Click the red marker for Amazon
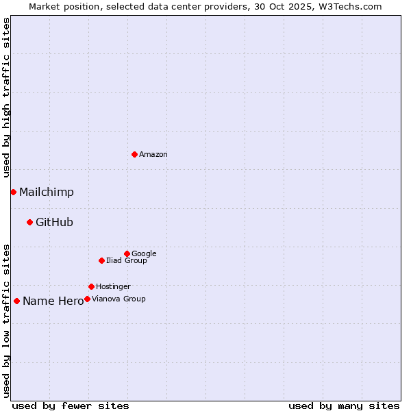point(134,154)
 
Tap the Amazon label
point(153,155)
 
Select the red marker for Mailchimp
point(13,192)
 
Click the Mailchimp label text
point(47,192)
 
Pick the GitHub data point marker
point(29,222)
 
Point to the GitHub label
point(54,222)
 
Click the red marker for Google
point(127,253)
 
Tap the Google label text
point(144,254)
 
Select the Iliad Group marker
point(101,260)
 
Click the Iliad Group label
point(127,261)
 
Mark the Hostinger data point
point(91,286)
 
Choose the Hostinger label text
point(113,287)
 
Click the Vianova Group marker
point(87,299)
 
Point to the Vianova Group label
point(119,299)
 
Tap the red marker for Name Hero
point(16,301)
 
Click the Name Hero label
point(53,301)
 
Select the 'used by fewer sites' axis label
point(71,406)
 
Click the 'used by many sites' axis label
point(344,406)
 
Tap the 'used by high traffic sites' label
point(7,98)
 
